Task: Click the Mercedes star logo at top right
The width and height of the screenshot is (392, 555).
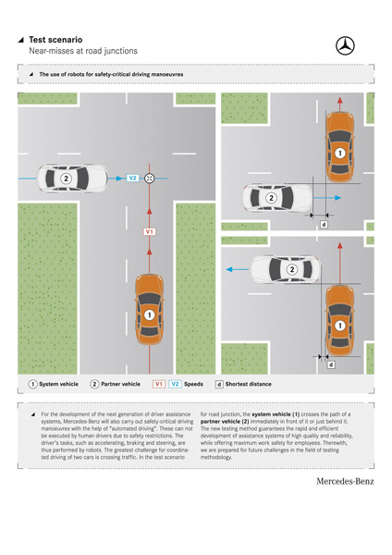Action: pos(345,45)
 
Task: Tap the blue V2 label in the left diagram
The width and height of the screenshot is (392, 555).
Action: pos(132,178)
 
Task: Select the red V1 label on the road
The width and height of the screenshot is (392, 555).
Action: pos(149,231)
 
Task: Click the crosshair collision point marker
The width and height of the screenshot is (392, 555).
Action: pos(149,179)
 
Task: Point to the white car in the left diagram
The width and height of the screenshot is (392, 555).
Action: pos(73,179)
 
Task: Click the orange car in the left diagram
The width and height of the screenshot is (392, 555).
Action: pos(150,310)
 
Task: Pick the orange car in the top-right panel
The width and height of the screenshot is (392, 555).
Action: pos(340,147)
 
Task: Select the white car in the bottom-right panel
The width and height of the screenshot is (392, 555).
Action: pos(285,269)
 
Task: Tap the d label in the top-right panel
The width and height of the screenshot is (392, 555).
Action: pos(324,225)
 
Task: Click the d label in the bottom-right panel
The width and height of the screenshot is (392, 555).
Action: pos(331,364)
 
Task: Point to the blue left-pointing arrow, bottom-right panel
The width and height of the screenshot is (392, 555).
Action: pos(238,270)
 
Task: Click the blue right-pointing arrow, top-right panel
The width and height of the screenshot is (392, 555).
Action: pos(327,198)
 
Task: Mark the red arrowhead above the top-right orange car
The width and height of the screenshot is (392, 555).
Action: pos(340,100)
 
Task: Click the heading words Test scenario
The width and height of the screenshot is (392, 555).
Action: pos(55,40)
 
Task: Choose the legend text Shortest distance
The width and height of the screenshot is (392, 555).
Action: pos(249,384)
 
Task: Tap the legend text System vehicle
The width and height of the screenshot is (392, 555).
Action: pos(59,384)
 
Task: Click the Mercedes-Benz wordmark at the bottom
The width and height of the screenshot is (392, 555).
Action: pos(345,481)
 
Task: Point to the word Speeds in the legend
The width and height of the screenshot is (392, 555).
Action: pos(193,384)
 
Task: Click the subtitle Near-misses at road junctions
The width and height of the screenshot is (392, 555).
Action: pos(83,51)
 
